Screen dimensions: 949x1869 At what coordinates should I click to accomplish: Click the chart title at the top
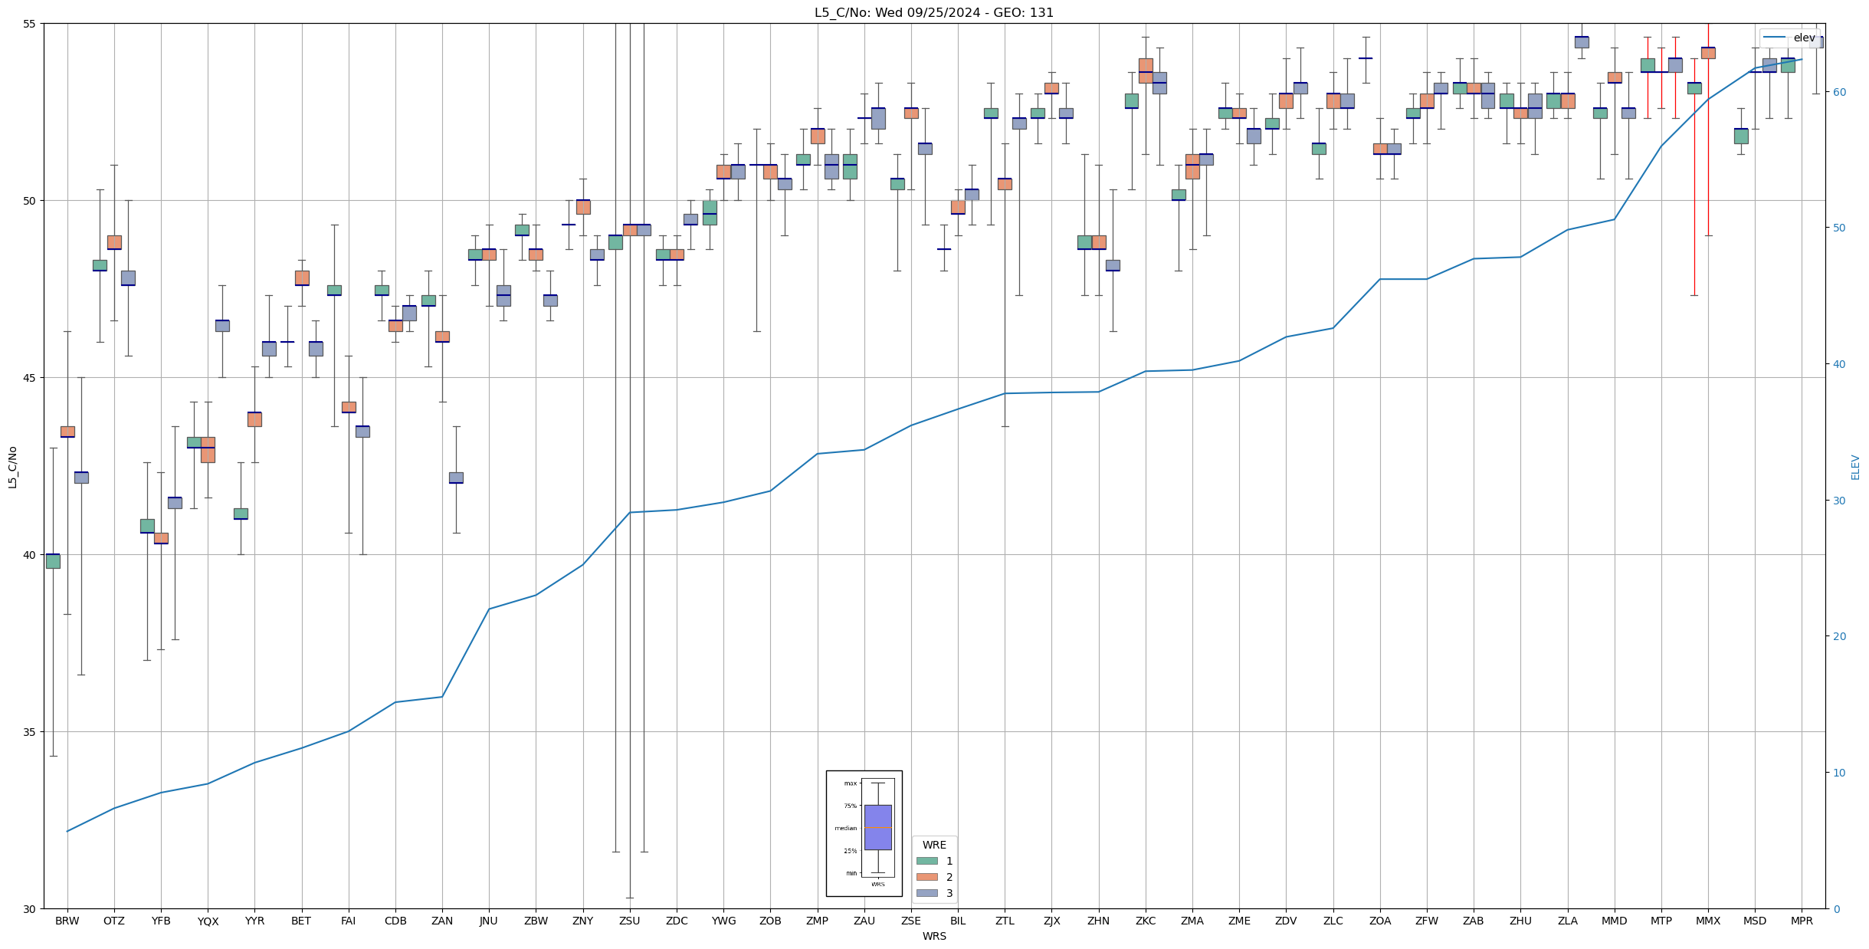click(x=933, y=12)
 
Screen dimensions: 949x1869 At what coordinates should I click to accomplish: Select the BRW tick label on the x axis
click(x=67, y=921)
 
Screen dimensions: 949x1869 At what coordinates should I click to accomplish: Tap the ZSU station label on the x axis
click(x=629, y=921)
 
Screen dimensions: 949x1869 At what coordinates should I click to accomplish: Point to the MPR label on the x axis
click(x=1802, y=921)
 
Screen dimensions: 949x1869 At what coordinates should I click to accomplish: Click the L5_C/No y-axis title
click(x=12, y=467)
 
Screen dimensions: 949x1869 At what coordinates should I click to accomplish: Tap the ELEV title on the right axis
click(x=1855, y=467)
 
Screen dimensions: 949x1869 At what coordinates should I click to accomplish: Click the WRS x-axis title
click(x=934, y=936)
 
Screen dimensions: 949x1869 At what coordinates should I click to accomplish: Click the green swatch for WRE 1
click(x=926, y=861)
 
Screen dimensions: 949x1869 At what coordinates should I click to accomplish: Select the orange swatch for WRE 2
click(x=926, y=877)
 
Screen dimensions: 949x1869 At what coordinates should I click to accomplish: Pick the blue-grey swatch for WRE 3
click(x=926, y=893)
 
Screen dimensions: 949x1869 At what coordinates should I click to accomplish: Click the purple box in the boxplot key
click(x=877, y=827)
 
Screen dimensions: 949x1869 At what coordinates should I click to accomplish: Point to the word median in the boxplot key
click(x=846, y=828)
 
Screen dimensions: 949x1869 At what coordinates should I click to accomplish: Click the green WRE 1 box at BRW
click(x=53, y=561)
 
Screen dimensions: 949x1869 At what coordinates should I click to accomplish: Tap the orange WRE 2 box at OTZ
click(x=114, y=242)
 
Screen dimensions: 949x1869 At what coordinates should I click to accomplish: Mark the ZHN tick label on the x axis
click(x=1098, y=921)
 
